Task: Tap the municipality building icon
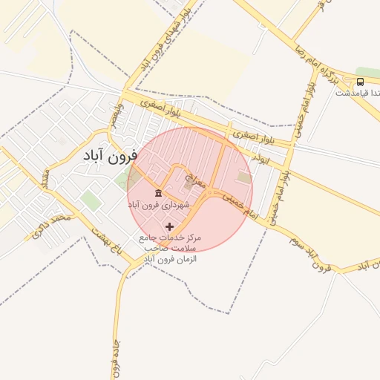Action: (159, 193)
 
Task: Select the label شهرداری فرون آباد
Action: (159, 204)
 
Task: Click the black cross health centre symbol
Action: (170, 226)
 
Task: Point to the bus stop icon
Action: (360, 82)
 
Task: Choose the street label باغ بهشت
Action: (108, 244)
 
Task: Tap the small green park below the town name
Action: (91, 199)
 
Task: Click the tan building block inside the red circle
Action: (243, 177)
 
